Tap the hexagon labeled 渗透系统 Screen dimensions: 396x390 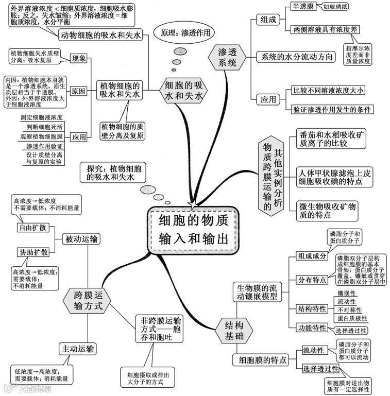coord(227,58)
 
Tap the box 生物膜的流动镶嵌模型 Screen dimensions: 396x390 coord(257,291)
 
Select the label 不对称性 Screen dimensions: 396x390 coord(349,310)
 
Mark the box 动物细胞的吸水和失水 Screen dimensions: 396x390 coord(101,35)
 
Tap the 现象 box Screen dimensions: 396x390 coord(79,58)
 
